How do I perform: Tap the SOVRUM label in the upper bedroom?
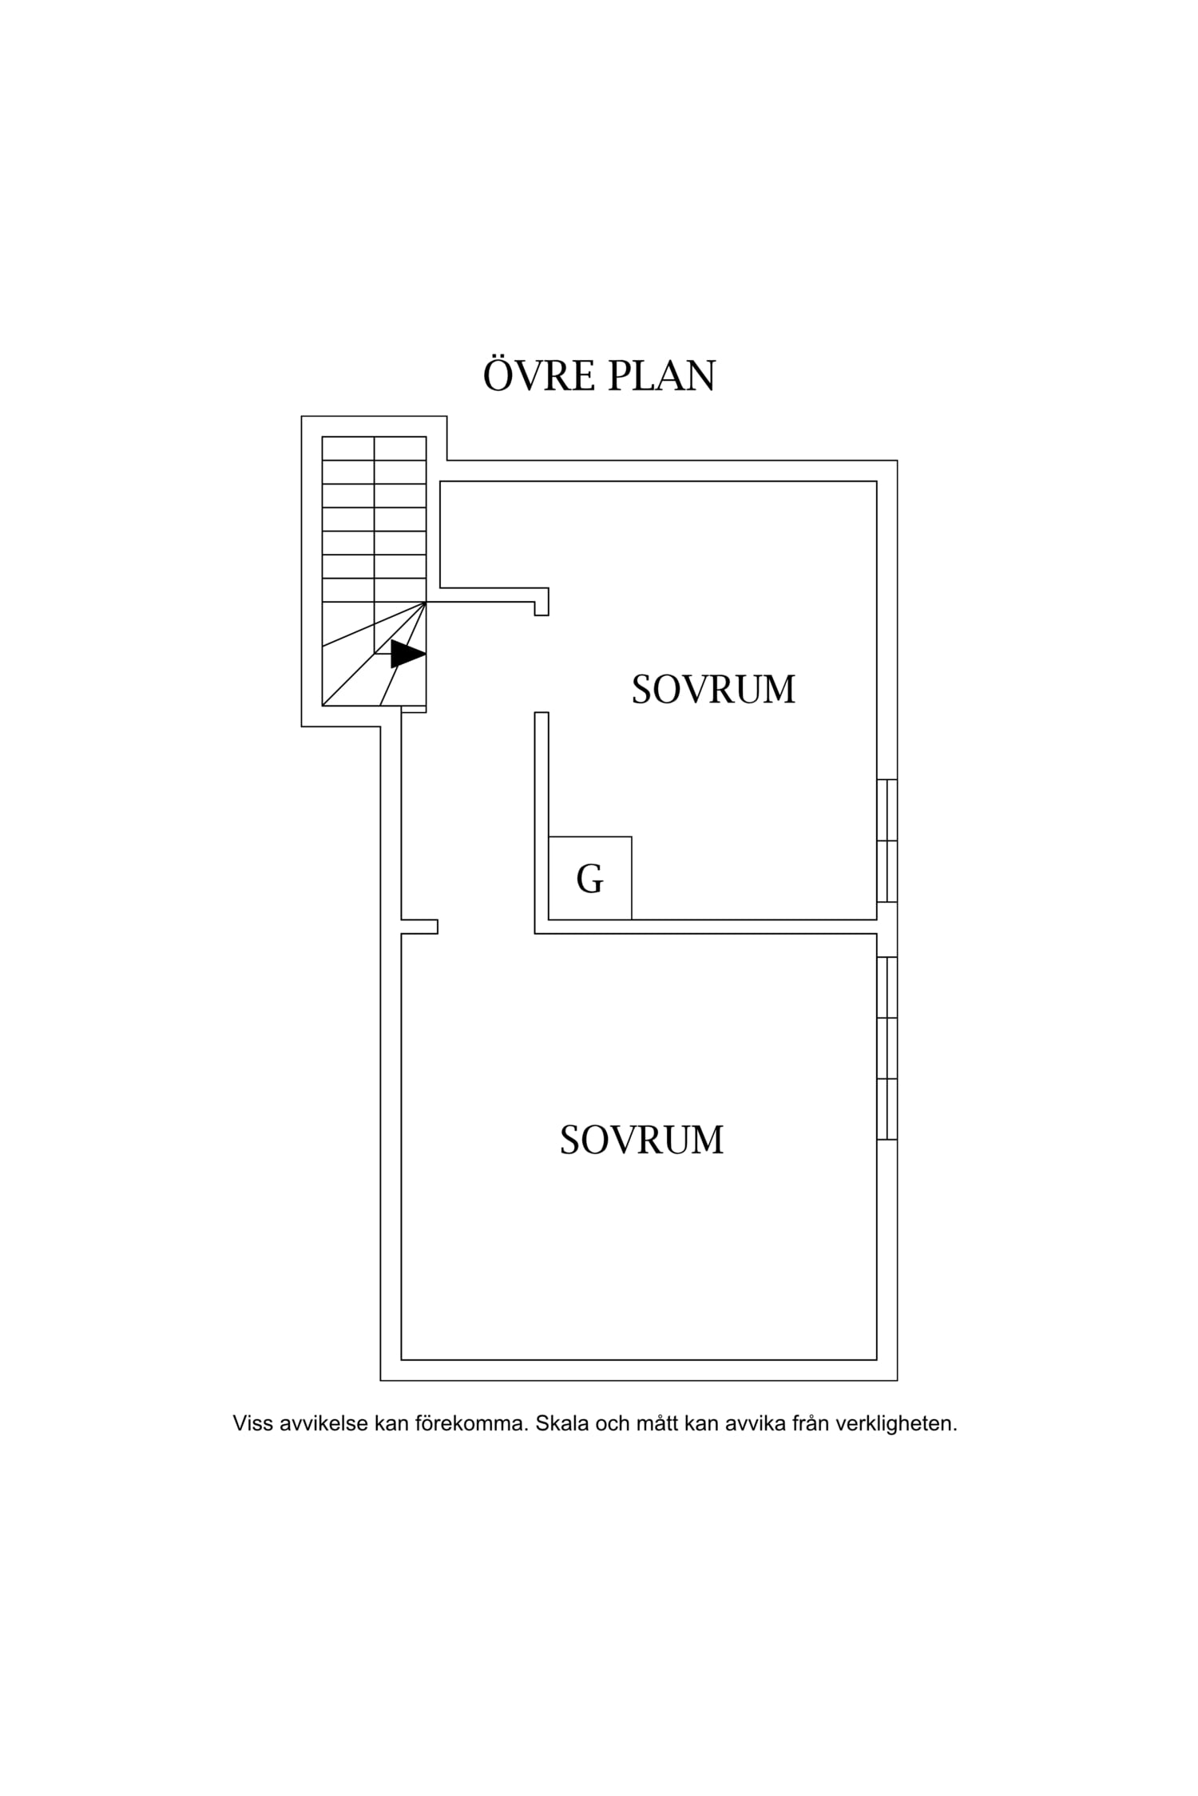pyautogui.click(x=713, y=690)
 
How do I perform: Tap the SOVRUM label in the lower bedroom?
pyautogui.click(x=641, y=1140)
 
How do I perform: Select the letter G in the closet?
pyautogui.click(x=589, y=879)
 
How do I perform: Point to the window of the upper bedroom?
pyautogui.click(x=887, y=841)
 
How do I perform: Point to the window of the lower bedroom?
pyautogui.click(x=887, y=1048)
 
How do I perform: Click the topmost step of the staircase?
pyautogui.click(x=374, y=449)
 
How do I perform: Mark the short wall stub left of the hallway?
pyautogui.click(x=419, y=926)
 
